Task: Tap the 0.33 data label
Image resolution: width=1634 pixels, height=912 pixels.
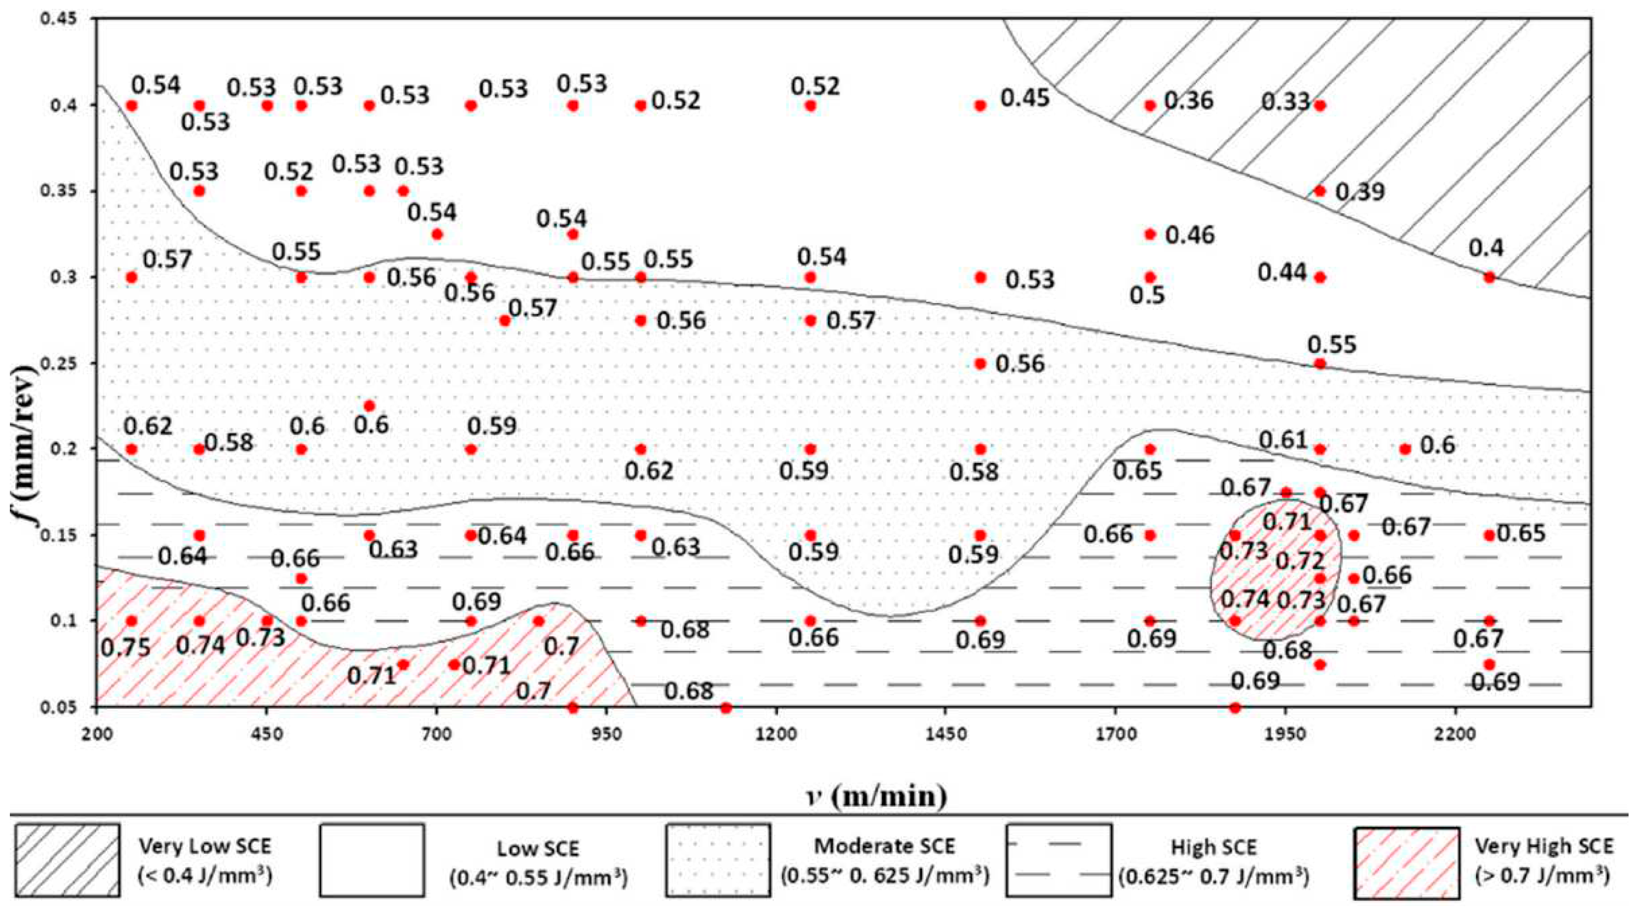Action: click(1285, 102)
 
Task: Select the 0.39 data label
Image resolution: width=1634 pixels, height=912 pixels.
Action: click(1360, 192)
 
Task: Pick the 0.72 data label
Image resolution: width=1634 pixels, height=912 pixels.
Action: click(1300, 561)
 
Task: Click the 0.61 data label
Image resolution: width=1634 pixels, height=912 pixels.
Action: click(1283, 440)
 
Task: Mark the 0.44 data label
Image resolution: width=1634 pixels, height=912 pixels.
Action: click(1283, 273)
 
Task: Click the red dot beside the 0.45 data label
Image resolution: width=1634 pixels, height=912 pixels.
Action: click(980, 105)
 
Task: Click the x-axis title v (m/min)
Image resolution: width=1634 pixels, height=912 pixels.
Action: click(872, 796)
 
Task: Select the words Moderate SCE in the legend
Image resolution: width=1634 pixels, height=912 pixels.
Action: click(884, 846)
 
